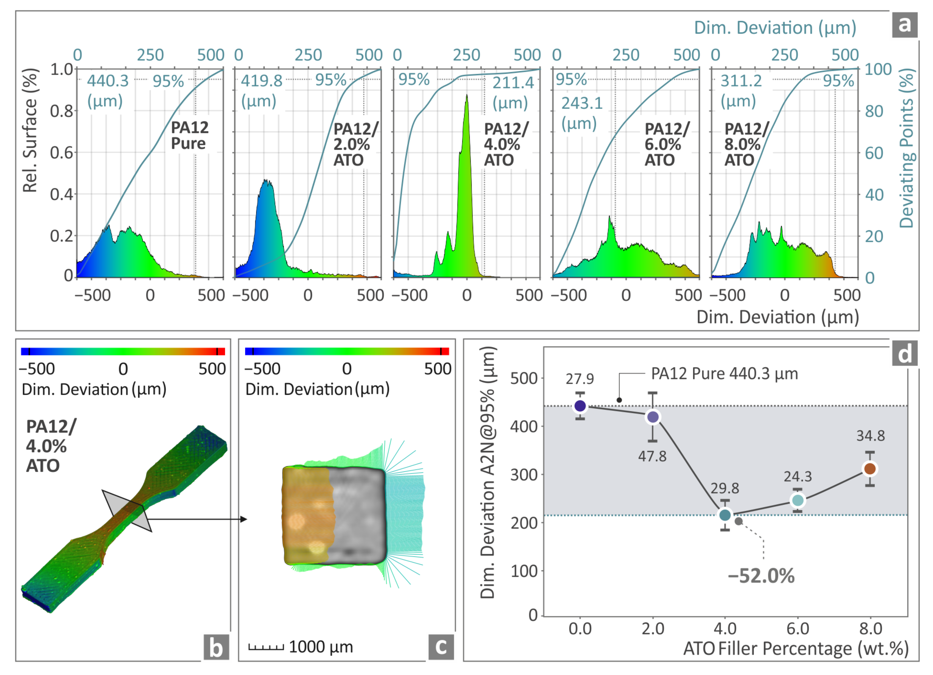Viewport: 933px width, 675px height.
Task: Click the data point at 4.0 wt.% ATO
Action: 725,515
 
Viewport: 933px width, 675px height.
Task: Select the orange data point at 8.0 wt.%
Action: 870,469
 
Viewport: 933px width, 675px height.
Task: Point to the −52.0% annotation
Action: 761,576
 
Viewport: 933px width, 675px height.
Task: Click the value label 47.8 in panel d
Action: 652,456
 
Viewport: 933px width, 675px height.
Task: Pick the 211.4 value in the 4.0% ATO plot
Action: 513,83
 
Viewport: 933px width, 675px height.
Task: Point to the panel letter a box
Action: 904,25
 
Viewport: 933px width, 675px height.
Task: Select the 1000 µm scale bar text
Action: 321,647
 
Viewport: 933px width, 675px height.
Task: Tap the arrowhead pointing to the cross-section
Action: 243,519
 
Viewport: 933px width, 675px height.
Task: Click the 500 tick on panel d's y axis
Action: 524,378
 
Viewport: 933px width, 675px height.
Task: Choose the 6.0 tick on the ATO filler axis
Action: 798,629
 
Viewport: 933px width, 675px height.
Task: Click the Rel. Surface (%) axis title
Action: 30,130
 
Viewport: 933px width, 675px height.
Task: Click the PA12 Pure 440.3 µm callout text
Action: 724,374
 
